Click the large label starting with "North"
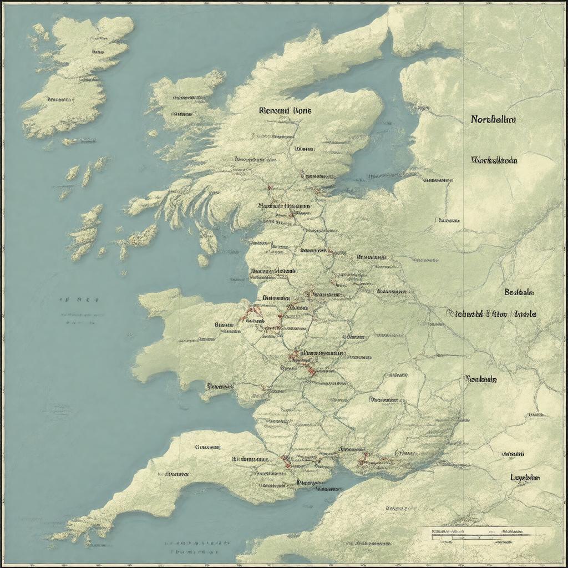coord(493,119)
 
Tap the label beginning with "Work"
coord(494,160)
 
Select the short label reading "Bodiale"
coord(519,292)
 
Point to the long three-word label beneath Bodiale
coord(491,313)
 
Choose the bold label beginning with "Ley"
coord(525,478)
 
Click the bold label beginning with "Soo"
coord(481,379)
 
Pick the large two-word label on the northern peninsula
coord(285,110)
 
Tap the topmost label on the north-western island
coord(98,52)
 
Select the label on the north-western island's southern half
coord(59,100)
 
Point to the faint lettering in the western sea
coord(79,300)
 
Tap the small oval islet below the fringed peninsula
coord(203,260)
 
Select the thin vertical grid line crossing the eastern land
coord(463,222)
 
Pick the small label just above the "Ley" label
coord(513,454)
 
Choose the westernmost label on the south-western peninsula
coord(174,474)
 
